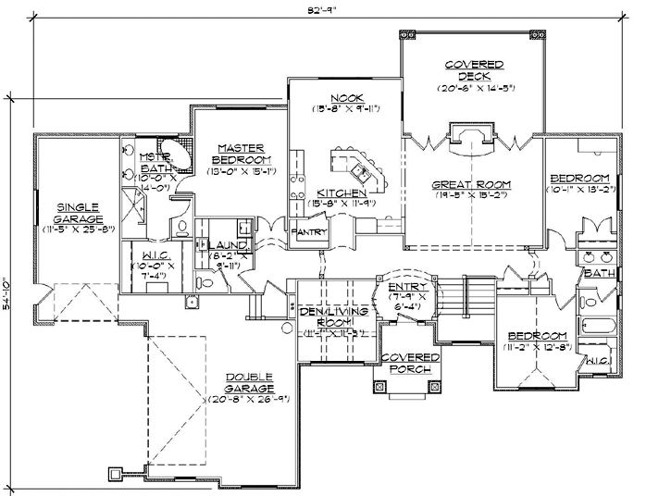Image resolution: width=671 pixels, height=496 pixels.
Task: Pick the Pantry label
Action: pyautogui.click(x=309, y=232)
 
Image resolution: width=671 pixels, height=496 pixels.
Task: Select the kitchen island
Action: pyautogui.click(x=356, y=167)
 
